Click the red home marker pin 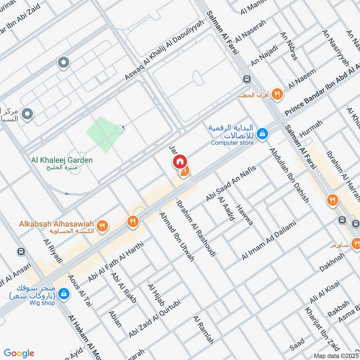(179, 162)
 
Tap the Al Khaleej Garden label (62, 160)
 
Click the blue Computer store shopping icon (262, 134)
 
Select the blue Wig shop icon (64, 293)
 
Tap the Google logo (19, 353)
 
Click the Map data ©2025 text (337, 355)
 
